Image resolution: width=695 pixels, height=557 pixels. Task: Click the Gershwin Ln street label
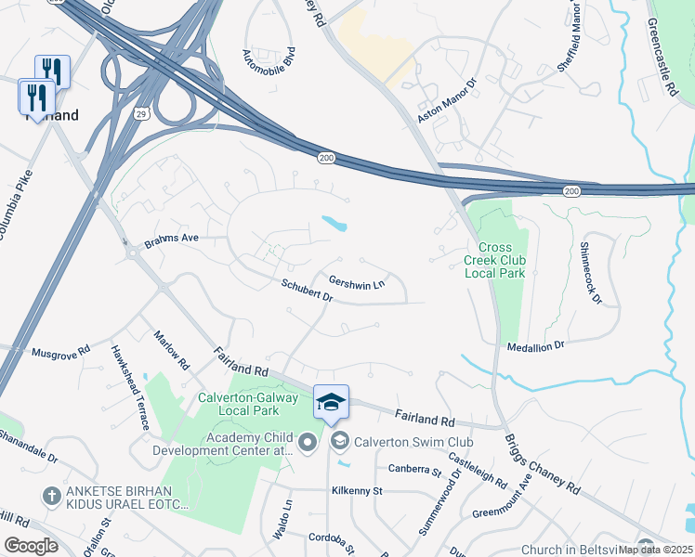(357, 282)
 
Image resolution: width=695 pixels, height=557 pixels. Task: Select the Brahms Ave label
(172, 243)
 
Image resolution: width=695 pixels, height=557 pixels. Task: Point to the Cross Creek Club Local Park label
(494, 261)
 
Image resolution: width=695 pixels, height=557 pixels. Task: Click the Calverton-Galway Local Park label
(248, 403)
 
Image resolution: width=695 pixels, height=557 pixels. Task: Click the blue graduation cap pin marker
(332, 403)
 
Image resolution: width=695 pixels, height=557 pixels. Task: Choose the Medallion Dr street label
(536, 345)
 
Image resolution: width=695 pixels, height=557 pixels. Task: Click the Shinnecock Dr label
(591, 274)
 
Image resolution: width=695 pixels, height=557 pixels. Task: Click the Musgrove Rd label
(60, 352)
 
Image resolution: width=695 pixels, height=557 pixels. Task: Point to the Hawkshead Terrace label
(130, 387)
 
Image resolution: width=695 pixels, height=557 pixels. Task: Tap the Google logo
(31, 546)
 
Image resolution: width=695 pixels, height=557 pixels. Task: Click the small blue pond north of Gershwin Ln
(334, 224)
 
